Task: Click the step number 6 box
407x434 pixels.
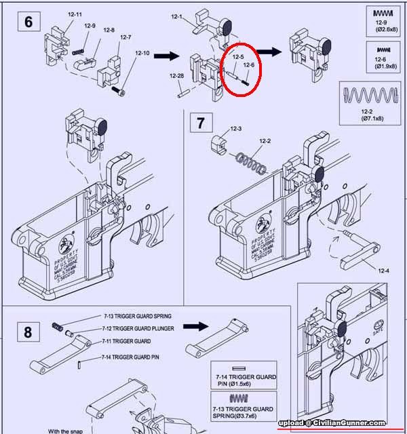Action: pyautogui.click(x=28, y=21)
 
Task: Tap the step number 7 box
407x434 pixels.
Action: pyautogui.click(x=200, y=123)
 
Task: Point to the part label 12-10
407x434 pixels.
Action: pyautogui.click(x=142, y=53)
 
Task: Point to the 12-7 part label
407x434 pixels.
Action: pyautogui.click(x=125, y=37)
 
